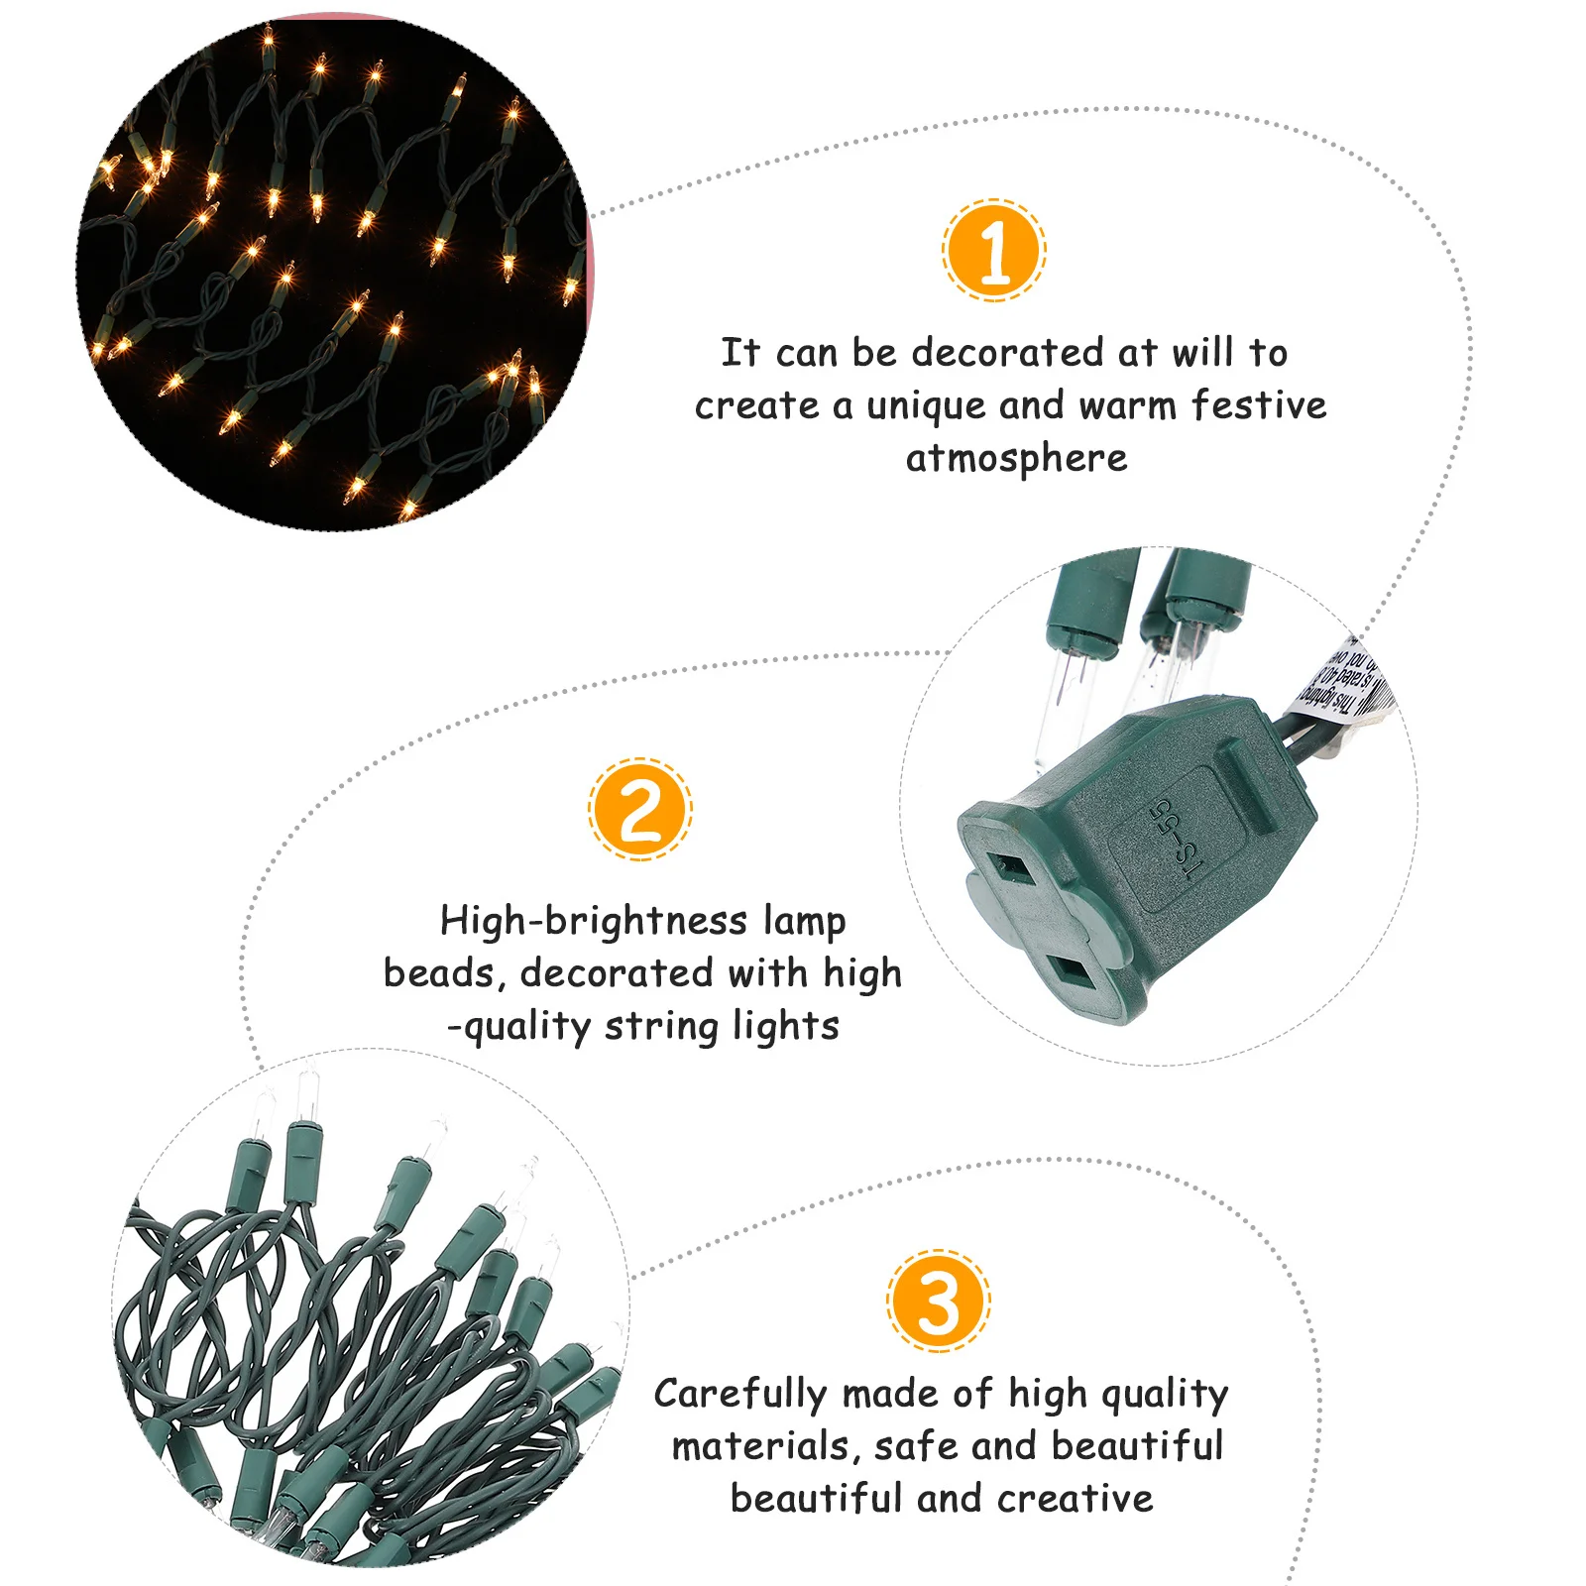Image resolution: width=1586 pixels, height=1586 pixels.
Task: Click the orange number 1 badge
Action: pos(994,251)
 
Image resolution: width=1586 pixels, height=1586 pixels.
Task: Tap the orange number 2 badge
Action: pos(640,809)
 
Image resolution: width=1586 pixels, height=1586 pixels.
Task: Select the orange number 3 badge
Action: pos(938,1301)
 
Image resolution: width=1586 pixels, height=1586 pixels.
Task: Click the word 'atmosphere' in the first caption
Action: pos(1016,459)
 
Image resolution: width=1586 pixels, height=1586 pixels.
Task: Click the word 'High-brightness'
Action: pos(593,921)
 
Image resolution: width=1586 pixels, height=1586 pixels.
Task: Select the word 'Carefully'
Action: pos(739,1395)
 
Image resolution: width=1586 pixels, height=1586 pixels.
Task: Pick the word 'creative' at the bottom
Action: pos(1075,1499)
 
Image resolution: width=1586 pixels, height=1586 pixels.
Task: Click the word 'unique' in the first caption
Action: pos(926,406)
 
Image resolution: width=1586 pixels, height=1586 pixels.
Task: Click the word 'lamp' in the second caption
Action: pos(804,921)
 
